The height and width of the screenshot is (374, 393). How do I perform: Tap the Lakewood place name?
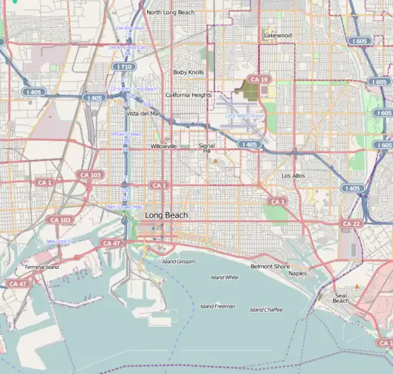point(277,34)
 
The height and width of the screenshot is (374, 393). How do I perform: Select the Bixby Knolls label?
point(188,72)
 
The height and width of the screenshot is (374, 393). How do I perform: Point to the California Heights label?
point(188,94)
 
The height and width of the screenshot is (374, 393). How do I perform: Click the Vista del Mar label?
point(143,113)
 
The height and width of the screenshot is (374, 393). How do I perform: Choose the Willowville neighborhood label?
point(164,145)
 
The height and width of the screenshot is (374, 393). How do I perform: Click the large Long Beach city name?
point(167,215)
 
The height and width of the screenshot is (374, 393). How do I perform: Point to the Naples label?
point(297,272)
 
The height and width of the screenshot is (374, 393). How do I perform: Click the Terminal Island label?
point(42,267)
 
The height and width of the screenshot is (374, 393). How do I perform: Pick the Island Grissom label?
point(178,262)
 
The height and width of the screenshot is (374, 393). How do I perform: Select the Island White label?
point(224,277)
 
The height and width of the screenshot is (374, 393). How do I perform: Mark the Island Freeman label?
point(217,306)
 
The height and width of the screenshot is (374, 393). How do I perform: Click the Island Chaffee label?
point(266,310)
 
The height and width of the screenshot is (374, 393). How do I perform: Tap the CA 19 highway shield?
point(256,79)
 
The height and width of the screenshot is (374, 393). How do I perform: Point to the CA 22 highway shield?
point(350,224)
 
